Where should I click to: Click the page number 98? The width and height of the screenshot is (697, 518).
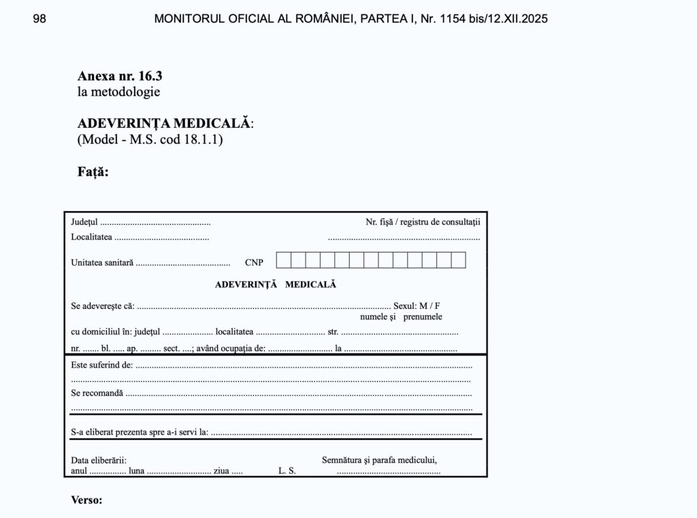[x=39, y=19]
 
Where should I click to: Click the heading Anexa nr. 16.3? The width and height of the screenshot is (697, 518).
[x=120, y=76]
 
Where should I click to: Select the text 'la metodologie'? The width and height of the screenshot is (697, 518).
[x=118, y=91]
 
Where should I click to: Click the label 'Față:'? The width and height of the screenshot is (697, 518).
[x=93, y=172]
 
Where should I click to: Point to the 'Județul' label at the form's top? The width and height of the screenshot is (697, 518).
[x=84, y=222]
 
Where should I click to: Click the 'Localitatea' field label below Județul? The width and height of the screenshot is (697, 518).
[x=91, y=237]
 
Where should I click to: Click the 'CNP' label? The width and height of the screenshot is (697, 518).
[x=254, y=263]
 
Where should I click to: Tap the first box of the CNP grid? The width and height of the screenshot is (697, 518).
[x=283, y=260]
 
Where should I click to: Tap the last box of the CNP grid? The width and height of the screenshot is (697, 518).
[x=459, y=260]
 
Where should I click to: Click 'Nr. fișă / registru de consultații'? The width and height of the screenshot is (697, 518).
[x=423, y=222]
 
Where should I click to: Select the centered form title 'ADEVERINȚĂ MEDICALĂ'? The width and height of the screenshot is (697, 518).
[x=276, y=285]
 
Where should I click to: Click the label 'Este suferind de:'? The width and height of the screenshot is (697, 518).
[x=101, y=365]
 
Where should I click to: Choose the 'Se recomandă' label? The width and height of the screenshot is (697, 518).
[x=97, y=393]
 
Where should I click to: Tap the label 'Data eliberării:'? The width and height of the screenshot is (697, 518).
[x=99, y=461]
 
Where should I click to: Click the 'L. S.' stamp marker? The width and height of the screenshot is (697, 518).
[x=287, y=471]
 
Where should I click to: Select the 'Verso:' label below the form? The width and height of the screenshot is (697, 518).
[x=86, y=500]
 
